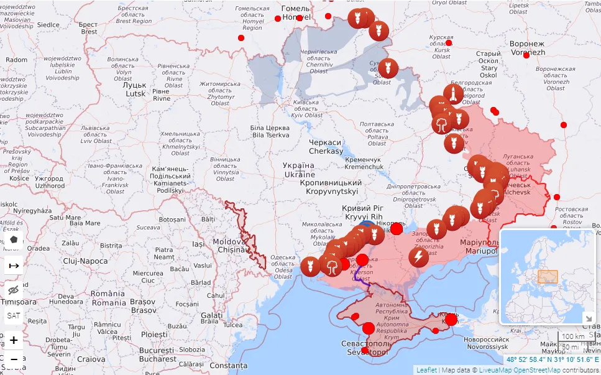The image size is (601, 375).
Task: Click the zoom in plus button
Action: (14, 340)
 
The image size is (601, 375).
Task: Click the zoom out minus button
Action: (14, 359)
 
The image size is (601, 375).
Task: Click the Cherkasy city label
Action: (326, 147)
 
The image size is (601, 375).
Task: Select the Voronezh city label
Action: (526, 49)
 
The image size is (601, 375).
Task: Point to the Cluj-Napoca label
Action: (85, 261)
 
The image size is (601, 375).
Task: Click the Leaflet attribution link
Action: (426, 370)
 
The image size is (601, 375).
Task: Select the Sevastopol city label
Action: (366, 348)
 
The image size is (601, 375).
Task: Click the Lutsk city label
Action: (135, 89)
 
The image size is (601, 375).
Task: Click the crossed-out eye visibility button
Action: (14, 290)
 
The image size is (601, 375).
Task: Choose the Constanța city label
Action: (229, 366)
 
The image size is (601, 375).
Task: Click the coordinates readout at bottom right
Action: (553, 359)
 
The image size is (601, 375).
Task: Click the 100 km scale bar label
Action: (573, 336)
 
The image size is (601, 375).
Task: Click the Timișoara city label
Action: (19, 301)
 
